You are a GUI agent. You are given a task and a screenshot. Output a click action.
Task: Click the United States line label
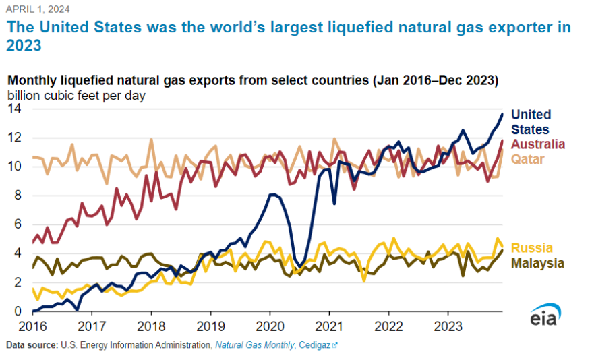pos(531,122)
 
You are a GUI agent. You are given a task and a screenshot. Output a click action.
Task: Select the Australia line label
pos(538,144)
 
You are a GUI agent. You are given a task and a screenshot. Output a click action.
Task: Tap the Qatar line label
pos(528,159)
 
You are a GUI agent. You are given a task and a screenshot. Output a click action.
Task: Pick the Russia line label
pos(531,247)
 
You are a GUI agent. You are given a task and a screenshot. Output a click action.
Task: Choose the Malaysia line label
pos(537,263)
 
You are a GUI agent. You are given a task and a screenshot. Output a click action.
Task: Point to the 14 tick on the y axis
pos(14,109)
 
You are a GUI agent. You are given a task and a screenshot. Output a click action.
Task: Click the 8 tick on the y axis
pos(18,196)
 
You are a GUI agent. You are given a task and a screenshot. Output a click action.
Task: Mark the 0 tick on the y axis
pos(18,311)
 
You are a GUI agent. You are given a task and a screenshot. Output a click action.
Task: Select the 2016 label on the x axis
pos(32,328)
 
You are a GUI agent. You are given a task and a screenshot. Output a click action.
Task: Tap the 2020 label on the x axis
pos(270,328)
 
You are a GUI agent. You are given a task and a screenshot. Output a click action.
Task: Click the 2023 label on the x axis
pos(448,328)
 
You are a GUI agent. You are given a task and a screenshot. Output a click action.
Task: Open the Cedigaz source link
pos(318,344)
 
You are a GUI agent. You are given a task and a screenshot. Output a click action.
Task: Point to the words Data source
pos(31,344)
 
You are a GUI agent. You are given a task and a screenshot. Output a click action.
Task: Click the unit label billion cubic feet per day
pos(77,95)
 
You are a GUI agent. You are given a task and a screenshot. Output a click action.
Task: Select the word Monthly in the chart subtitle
pos(32,80)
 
